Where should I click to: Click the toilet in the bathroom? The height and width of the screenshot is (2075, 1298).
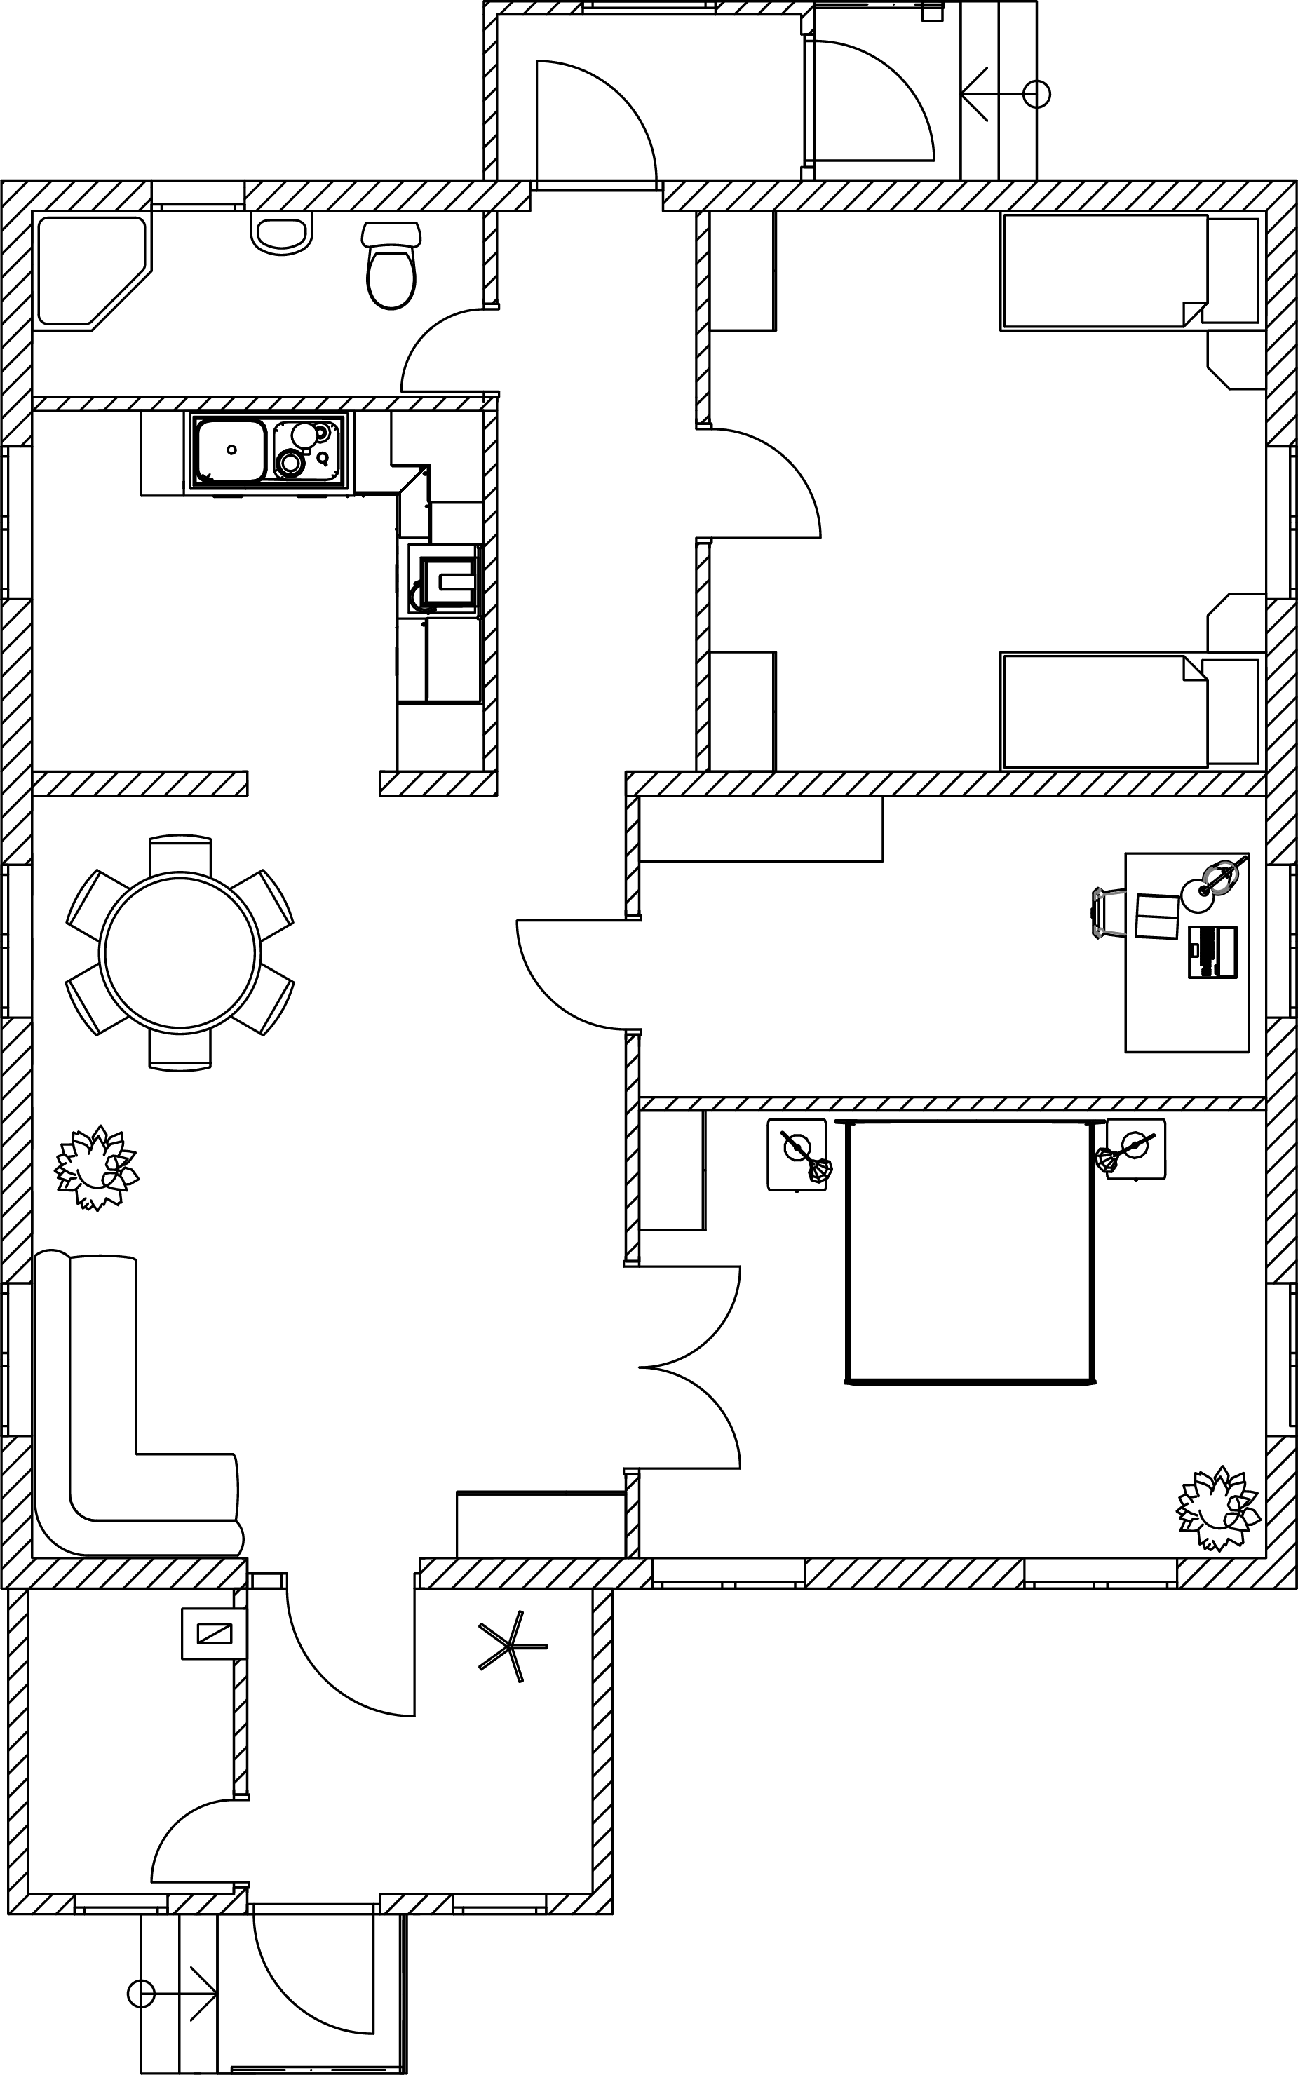pyautogui.click(x=391, y=268)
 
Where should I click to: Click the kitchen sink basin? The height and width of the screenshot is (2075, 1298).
pyautogui.click(x=231, y=451)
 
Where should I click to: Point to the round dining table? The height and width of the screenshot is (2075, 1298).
pyautogui.click(x=180, y=952)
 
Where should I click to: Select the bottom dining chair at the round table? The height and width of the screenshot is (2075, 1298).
pyautogui.click(x=180, y=1049)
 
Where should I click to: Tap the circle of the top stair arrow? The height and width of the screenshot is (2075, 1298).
pyautogui.click(x=1037, y=93)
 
